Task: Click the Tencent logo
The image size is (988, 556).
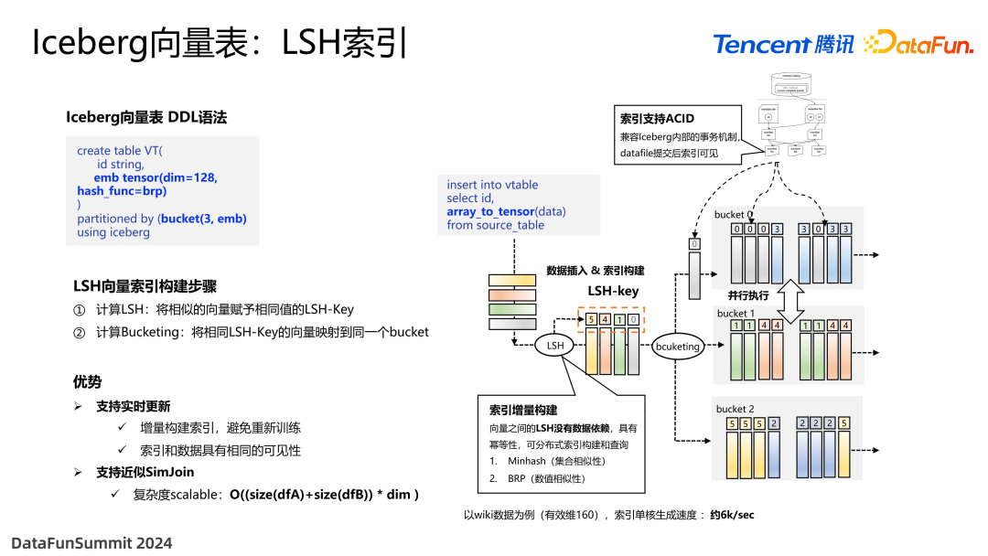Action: click(x=782, y=44)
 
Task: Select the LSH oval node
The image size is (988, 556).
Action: click(x=555, y=346)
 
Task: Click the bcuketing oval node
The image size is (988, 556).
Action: click(x=678, y=346)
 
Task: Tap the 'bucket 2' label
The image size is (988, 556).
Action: click(x=736, y=409)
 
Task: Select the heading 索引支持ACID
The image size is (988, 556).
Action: click(x=657, y=119)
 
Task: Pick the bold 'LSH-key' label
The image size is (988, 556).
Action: click(x=613, y=291)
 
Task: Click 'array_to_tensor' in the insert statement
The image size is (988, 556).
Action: click(x=490, y=211)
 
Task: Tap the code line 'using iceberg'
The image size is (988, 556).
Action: click(x=113, y=232)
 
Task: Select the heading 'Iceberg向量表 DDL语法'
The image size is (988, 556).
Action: click(x=146, y=117)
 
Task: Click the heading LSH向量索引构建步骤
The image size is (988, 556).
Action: click(x=145, y=285)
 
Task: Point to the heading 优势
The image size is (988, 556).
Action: click(x=88, y=381)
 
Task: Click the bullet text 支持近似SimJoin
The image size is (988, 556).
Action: click(x=145, y=472)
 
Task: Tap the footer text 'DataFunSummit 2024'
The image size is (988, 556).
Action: click(x=91, y=542)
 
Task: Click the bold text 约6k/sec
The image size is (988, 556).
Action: click(x=732, y=515)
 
